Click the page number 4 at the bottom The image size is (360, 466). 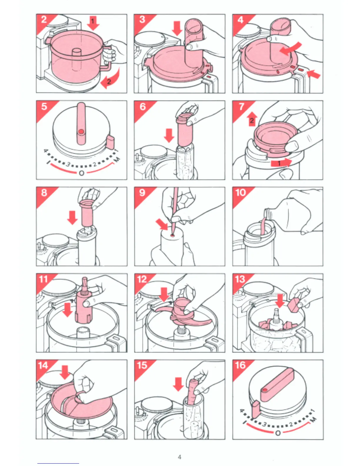point(179,457)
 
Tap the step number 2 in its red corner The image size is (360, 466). point(44,20)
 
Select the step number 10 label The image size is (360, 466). point(240,192)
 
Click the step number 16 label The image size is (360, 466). point(240,365)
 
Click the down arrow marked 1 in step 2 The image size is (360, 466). point(93,23)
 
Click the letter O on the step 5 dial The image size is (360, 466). point(81,173)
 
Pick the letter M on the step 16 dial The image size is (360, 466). point(313,419)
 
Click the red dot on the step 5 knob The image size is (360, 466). point(81,132)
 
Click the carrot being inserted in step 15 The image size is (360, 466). point(191,392)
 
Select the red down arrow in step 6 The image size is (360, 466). point(169,136)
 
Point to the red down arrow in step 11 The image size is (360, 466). point(68,310)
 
